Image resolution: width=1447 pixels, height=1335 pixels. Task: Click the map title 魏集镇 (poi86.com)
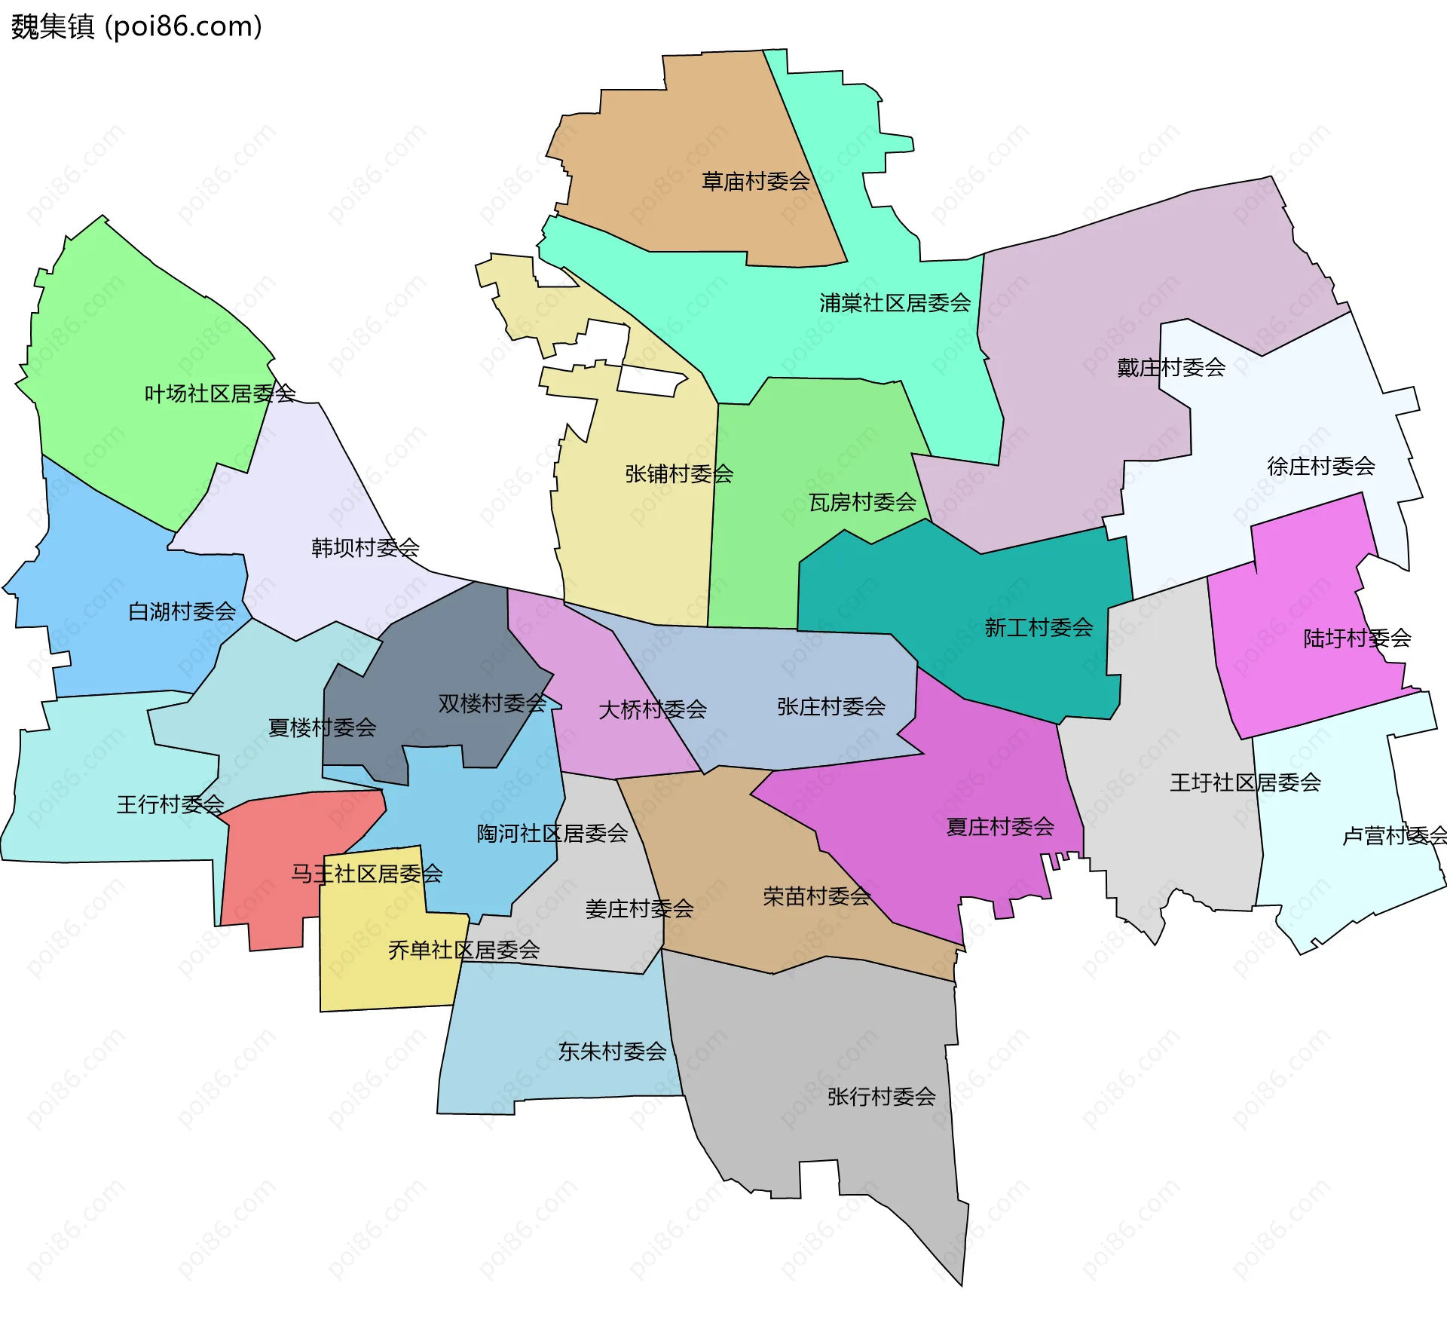(136, 26)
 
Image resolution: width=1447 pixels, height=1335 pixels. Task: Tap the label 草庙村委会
(755, 182)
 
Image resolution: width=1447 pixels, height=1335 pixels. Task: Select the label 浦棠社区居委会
(895, 303)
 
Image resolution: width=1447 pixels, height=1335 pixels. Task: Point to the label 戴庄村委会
(1170, 368)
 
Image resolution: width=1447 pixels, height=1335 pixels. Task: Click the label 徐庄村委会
(1320, 467)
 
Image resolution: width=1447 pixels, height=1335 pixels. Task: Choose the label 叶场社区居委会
(219, 393)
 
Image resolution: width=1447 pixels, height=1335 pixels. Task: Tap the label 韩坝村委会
(365, 548)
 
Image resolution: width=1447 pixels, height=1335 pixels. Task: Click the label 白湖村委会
(182, 611)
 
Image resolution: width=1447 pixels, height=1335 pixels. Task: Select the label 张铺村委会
(678, 474)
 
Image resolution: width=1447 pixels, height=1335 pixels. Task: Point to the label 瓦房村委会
(862, 502)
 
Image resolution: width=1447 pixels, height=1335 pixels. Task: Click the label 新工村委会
(1038, 627)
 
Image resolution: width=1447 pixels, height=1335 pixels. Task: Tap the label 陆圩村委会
(1357, 638)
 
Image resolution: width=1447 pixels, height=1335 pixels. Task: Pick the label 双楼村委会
(491, 704)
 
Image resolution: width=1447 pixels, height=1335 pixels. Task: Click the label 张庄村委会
(831, 707)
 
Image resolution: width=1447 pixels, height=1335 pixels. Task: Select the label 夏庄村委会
(999, 827)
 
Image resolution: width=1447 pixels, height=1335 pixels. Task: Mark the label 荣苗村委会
(816, 896)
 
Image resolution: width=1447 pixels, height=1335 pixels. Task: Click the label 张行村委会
(881, 1097)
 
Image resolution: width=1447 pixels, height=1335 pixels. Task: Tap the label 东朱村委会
(612, 1052)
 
